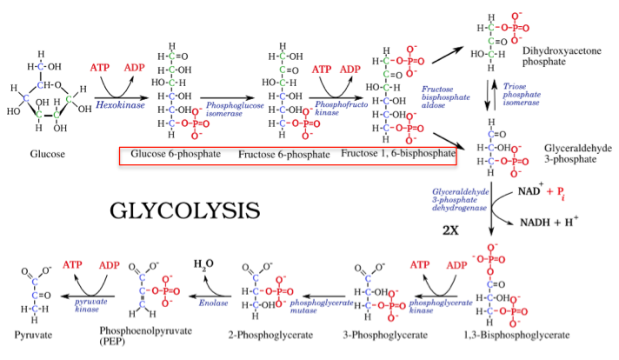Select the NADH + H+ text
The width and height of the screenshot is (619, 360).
(x=549, y=222)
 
